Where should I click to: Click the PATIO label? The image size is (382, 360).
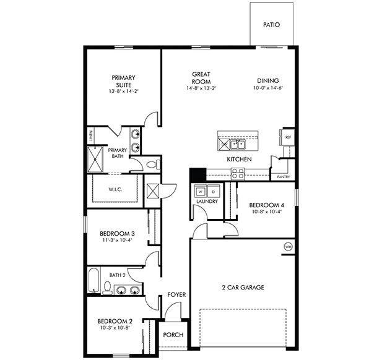[x=271, y=25]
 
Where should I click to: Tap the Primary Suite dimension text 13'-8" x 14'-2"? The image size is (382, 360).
[x=124, y=92]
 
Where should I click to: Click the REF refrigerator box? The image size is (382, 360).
[x=288, y=137]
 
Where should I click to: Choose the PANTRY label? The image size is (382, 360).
[x=284, y=177]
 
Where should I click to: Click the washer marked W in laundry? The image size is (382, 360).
[x=199, y=191]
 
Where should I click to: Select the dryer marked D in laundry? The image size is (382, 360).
[x=212, y=191]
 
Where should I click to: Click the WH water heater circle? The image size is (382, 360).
[x=288, y=247]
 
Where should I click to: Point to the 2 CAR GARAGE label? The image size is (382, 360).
[x=243, y=288]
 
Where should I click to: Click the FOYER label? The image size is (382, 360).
[x=176, y=295]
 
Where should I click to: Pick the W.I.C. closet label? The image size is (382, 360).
[x=115, y=190]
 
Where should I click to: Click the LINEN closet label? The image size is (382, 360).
[x=90, y=136]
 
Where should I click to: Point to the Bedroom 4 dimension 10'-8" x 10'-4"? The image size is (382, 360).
[x=266, y=212]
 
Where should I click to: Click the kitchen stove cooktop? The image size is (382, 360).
[x=238, y=173]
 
